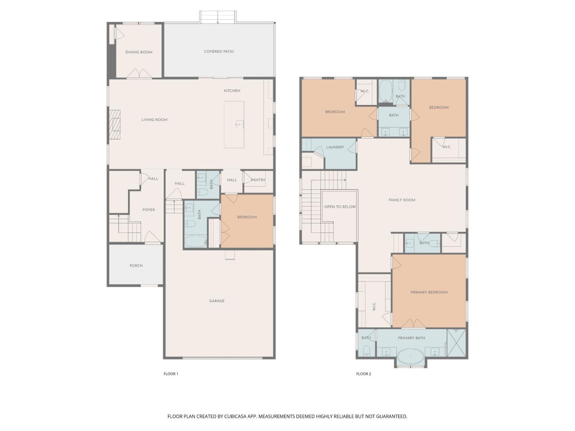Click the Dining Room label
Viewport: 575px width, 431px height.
pyautogui.click(x=139, y=52)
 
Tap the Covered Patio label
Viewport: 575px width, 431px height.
pyautogui.click(x=219, y=52)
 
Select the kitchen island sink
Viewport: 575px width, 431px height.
pyautogui.click(x=240, y=124)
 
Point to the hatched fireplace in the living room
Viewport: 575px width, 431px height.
pyautogui.click(x=115, y=124)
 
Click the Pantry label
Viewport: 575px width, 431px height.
pyautogui.click(x=258, y=180)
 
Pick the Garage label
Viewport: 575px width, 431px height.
pyautogui.click(x=217, y=301)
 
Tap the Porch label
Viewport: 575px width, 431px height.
pyautogui.click(x=136, y=265)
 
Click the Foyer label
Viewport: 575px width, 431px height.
pyautogui.click(x=148, y=210)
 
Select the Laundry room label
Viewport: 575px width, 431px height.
pyautogui.click(x=335, y=147)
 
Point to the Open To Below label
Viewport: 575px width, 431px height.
pyautogui.click(x=340, y=207)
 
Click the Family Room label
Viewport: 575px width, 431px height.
pyautogui.click(x=402, y=200)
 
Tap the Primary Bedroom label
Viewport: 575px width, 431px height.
pyautogui.click(x=429, y=292)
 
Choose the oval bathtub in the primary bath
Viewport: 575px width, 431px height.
pyautogui.click(x=410, y=356)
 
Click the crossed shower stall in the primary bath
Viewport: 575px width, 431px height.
pyautogui.click(x=456, y=343)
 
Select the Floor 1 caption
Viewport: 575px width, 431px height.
pyautogui.click(x=171, y=374)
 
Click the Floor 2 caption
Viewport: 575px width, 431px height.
pyautogui.click(x=364, y=374)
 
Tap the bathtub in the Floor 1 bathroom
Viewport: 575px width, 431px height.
pyautogui.click(x=195, y=241)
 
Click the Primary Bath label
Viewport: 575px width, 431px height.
pyautogui.click(x=411, y=338)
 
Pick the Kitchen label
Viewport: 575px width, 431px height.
pyautogui.click(x=232, y=91)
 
